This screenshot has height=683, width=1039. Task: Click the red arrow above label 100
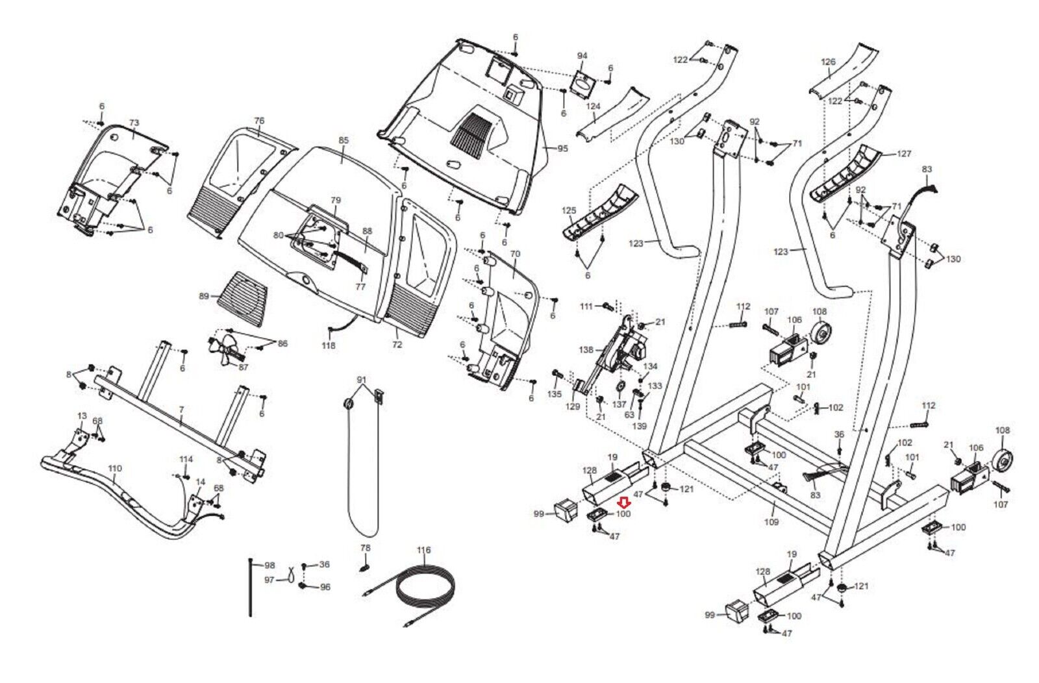tap(623, 502)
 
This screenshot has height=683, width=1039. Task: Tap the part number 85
tap(344, 140)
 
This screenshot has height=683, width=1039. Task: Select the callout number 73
tap(134, 123)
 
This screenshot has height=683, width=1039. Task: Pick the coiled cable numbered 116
tap(425, 591)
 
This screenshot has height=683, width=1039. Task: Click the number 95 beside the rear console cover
tap(562, 149)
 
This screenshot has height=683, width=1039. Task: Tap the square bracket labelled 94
tap(582, 82)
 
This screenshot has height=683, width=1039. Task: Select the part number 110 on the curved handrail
tap(115, 468)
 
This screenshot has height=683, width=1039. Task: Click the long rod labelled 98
tap(251, 588)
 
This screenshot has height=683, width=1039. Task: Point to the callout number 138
tap(586, 350)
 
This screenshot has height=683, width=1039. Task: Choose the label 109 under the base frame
tap(771, 521)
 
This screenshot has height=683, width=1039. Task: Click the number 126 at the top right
tap(828, 62)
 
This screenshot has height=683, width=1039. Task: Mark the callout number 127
tap(904, 154)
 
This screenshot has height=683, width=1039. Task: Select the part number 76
tap(259, 121)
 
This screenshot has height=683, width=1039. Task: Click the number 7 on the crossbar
tap(181, 410)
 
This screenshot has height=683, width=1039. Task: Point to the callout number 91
tap(362, 379)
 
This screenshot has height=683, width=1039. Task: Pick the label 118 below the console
tap(329, 345)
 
